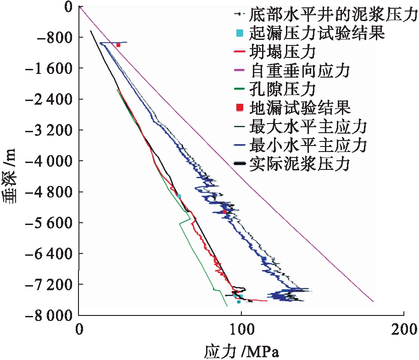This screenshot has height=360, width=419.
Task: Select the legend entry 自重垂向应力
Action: coord(300,70)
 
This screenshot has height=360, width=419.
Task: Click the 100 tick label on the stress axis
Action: coord(241,329)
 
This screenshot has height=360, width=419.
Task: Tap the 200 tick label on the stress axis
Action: coord(403,329)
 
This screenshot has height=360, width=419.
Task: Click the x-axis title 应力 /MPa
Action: coord(241,351)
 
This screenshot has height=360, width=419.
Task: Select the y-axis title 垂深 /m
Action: coord(10,176)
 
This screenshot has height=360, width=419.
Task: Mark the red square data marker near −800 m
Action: coord(118,45)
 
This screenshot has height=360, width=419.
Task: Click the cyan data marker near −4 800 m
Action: coord(179,196)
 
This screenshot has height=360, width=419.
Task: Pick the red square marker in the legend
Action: coord(238,107)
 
